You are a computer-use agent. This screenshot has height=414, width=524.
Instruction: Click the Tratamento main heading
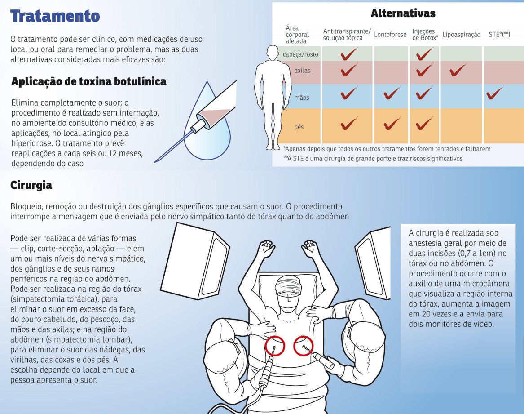[x=55, y=17]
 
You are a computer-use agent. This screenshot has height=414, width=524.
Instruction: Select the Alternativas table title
[x=403, y=13]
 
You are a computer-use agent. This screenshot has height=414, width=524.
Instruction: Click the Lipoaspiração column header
[x=461, y=35]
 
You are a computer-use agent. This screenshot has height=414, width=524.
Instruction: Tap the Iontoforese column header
[x=390, y=35]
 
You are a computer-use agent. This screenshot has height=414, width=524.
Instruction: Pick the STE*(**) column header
[x=499, y=35]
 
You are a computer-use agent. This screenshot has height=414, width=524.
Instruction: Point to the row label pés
[x=299, y=127]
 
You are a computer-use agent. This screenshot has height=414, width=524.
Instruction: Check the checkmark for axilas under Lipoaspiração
[x=459, y=71]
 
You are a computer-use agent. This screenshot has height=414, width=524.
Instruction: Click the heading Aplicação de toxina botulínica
[x=89, y=81]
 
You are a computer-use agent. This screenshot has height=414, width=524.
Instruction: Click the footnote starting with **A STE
[x=373, y=158]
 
